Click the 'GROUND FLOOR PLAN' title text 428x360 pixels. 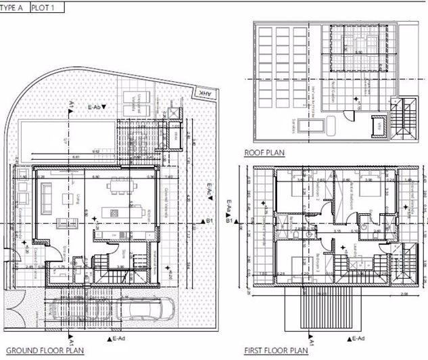pyautogui.click(x=45, y=351)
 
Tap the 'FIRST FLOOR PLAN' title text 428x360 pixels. pyautogui.click(x=276, y=351)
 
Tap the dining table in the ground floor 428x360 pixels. pyautogui.click(x=120, y=185)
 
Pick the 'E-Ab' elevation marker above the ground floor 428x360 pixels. pyautogui.click(x=96, y=106)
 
